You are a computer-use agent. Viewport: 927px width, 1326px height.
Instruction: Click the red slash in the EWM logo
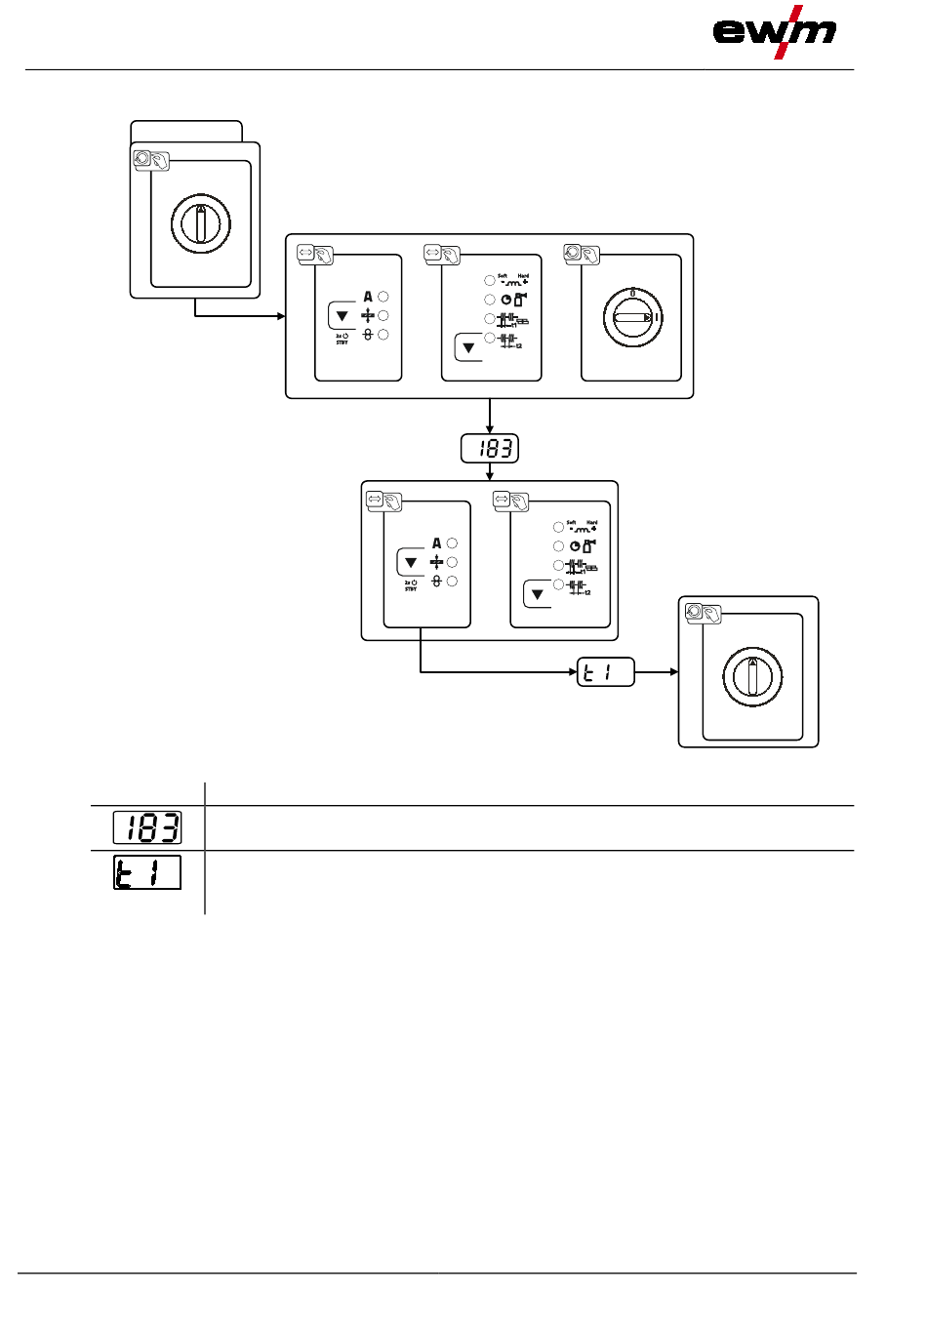[786, 32]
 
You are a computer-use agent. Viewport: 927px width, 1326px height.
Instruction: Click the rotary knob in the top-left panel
[201, 223]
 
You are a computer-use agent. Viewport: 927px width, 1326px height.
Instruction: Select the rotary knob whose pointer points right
[632, 317]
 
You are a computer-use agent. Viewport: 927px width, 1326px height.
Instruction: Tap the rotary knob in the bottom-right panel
[752, 676]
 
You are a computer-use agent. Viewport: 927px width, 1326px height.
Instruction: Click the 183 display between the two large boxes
[490, 449]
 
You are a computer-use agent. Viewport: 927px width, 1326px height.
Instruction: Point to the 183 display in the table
[147, 827]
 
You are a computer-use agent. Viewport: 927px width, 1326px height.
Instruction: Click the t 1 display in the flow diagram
[606, 672]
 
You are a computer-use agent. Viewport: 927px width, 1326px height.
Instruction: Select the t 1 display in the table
[147, 872]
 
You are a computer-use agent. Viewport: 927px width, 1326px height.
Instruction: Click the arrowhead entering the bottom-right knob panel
[673, 672]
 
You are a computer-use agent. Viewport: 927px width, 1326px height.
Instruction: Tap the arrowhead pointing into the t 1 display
[573, 672]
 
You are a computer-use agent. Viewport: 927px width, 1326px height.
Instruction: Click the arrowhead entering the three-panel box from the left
[280, 316]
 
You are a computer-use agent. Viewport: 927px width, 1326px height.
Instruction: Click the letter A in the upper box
[368, 297]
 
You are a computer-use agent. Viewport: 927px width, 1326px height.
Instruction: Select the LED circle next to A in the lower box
[452, 543]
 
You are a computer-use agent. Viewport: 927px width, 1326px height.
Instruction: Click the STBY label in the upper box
[342, 342]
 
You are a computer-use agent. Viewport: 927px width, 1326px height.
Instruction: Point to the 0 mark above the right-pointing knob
[632, 291]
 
